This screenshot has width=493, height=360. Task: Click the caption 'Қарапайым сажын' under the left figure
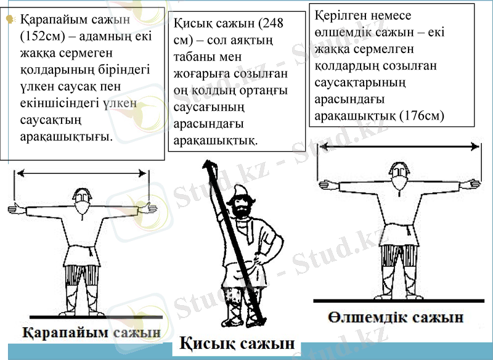92,333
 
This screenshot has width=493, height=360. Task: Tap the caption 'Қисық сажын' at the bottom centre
237,344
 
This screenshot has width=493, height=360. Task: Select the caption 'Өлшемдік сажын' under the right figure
396,319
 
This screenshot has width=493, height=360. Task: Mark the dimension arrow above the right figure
397,147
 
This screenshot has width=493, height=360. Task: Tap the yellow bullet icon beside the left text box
9,20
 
